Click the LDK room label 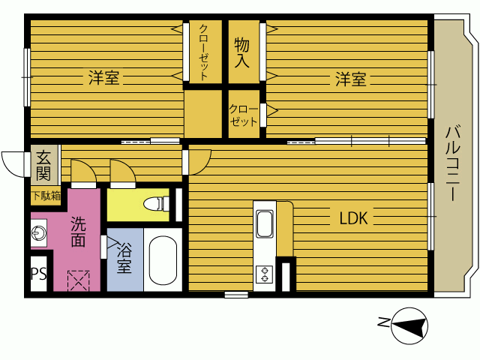(353, 218)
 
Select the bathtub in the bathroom (163, 260)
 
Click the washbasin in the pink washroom (39, 232)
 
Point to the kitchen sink (265, 224)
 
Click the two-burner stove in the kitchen (265, 274)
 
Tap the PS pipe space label (39, 274)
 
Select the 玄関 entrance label (43, 166)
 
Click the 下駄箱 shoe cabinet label (46, 196)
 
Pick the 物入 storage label (241, 52)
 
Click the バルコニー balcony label (452, 163)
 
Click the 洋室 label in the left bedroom (103, 77)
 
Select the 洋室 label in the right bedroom (351, 79)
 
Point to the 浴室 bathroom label (124, 258)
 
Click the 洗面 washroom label (78, 232)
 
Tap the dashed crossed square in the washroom (78, 280)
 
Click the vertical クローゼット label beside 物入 (204, 52)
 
